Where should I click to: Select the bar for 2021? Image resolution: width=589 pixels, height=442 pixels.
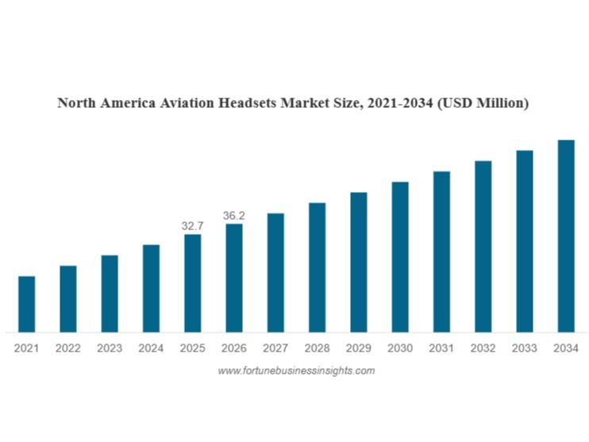click(26, 303)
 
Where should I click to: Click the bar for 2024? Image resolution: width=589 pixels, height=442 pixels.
click(151, 287)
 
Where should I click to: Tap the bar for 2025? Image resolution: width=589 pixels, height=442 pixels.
click(192, 282)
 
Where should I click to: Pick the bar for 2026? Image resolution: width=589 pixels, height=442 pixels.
click(233, 277)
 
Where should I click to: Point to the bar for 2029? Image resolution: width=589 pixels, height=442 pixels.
click(358, 261)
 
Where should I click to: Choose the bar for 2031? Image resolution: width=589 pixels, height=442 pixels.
click(441, 251)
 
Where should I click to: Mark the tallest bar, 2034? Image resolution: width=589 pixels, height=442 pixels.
click(565, 236)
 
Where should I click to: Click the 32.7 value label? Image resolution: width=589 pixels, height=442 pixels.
click(192, 226)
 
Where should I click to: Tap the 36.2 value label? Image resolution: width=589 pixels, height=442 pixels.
click(233, 215)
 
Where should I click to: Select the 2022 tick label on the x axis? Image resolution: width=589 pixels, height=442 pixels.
click(67, 348)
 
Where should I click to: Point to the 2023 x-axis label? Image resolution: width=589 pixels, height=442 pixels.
click(110, 348)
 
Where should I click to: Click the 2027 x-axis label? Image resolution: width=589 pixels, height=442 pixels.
click(275, 348)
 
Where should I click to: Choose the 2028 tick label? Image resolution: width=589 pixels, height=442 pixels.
click(317, 348)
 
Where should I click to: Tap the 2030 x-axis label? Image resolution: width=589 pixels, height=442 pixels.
click(399, 348)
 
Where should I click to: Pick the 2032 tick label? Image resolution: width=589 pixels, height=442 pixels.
click(483, 348)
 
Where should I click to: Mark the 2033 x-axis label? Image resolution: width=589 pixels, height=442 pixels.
click(524, 348)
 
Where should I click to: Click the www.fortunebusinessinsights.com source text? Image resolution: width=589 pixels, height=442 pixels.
click(295, 371)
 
